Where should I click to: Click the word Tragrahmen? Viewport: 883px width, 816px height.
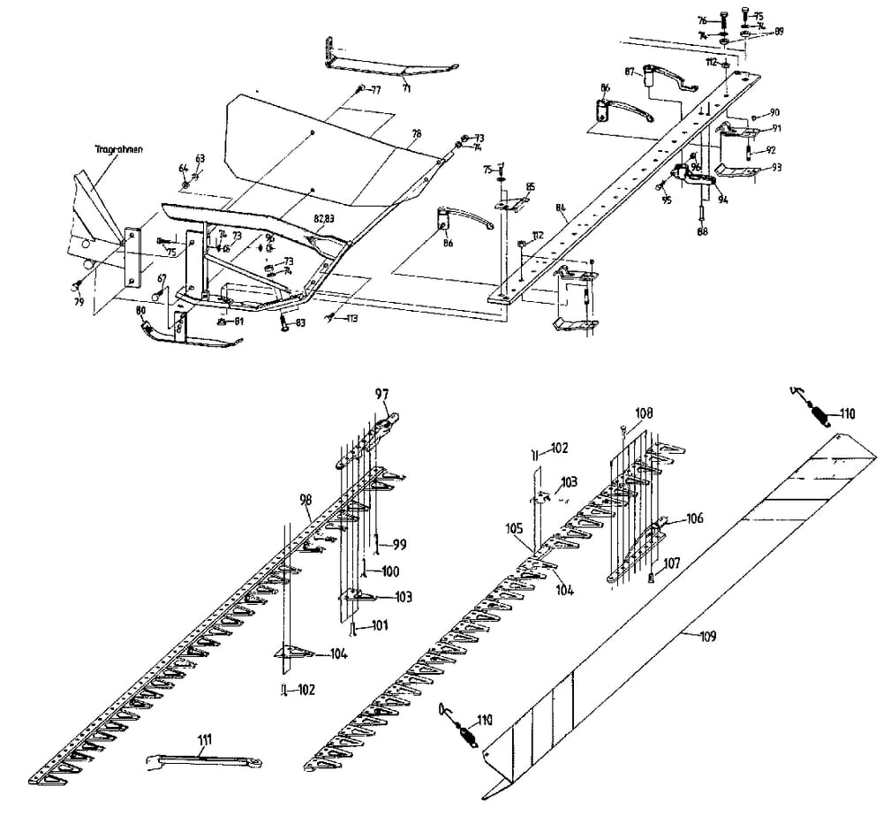click(118, 150)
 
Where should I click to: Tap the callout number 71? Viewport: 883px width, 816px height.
click(406, 89)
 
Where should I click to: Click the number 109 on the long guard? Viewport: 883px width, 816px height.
click(708, 636)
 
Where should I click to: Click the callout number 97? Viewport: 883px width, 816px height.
click(381, 393)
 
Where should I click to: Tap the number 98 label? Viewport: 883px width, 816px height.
click(306, 500)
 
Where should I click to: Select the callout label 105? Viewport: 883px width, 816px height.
click(516, 529)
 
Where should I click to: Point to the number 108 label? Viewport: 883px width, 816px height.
click(644, 412)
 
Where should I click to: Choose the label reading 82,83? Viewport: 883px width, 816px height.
click(324, 217)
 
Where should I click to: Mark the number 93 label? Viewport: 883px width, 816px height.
click(776, 167)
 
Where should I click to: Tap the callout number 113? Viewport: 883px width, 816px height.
click(351, 318)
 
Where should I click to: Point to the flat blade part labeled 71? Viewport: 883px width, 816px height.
click(397, 71)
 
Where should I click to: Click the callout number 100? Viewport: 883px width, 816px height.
click(389, 571)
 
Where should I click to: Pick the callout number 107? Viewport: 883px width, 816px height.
click(672, 561)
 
